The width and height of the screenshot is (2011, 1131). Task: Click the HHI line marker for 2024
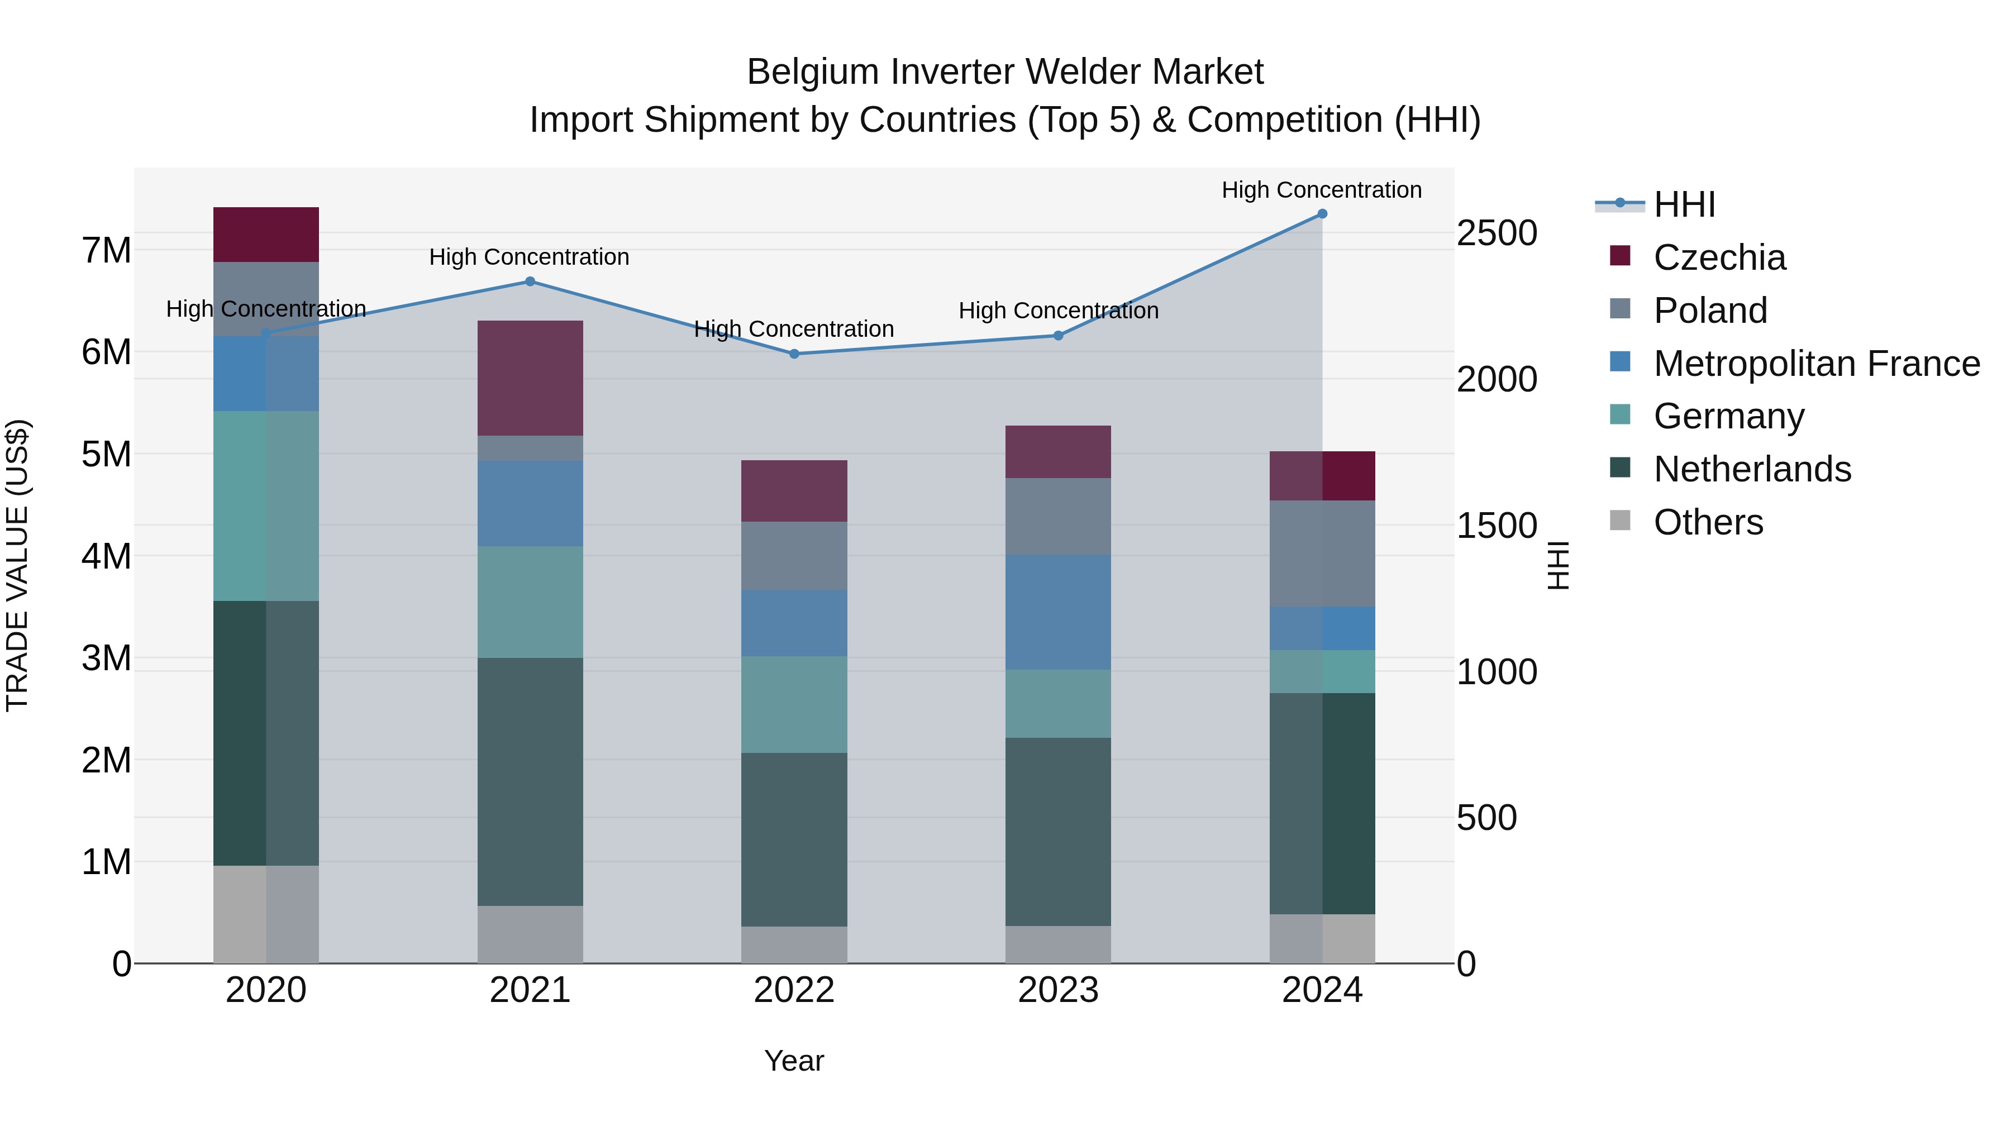[1322, 213]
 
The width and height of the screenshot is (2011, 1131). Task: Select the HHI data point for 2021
[530, 281]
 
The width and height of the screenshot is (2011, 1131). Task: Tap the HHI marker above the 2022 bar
[794, 354]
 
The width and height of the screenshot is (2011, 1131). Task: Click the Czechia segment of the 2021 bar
[530, 378]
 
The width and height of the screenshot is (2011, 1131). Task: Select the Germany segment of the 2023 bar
[1058, 703]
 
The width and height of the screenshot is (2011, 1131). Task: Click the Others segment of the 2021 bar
[530, 934]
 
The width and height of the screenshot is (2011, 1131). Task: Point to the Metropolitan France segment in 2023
[1058, 612]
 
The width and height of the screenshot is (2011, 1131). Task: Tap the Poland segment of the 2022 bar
[794, 556]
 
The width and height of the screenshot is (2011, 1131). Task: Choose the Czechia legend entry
[1718, 257]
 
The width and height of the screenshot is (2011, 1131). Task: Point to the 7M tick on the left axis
[107, 251]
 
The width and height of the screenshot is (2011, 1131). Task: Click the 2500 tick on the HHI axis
[1497, 233]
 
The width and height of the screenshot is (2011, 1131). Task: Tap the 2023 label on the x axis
[1058, 990]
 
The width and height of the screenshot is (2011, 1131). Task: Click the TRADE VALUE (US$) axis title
[17, 565]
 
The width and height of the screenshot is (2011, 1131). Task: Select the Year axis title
[794, 1061]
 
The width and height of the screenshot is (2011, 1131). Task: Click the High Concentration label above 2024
[1321, 190]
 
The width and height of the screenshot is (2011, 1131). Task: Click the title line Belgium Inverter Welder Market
[1005, 72]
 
